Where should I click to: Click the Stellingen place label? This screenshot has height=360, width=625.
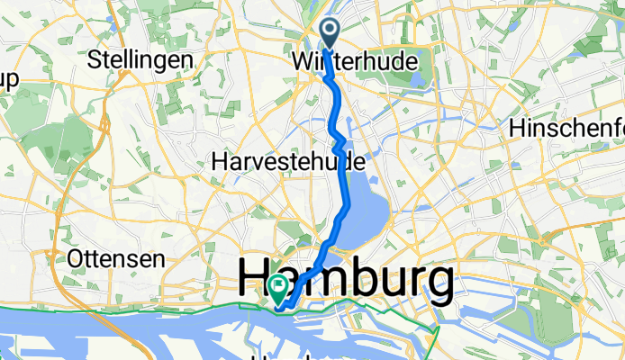point(140,60)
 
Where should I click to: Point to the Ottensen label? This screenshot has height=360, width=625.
point(116,258)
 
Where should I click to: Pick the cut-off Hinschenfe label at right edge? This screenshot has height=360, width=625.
point(566,129)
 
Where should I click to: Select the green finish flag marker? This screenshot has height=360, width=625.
point(276,288)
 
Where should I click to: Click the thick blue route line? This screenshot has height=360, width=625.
point(345,180)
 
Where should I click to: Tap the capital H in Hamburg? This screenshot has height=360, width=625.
point(257,281)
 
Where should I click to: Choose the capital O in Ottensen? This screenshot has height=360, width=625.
point(77,258)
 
